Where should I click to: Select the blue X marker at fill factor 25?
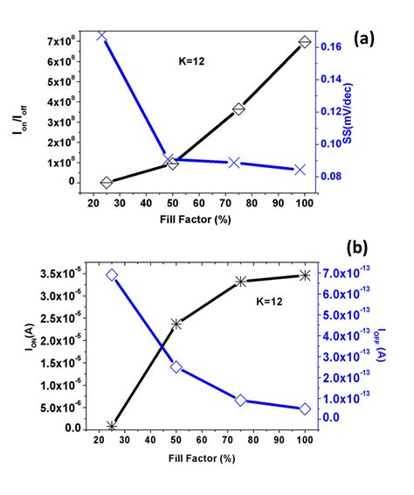click(102, 36)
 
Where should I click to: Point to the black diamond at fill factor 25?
click(107, 182)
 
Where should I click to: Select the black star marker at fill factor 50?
click(177, 324)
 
